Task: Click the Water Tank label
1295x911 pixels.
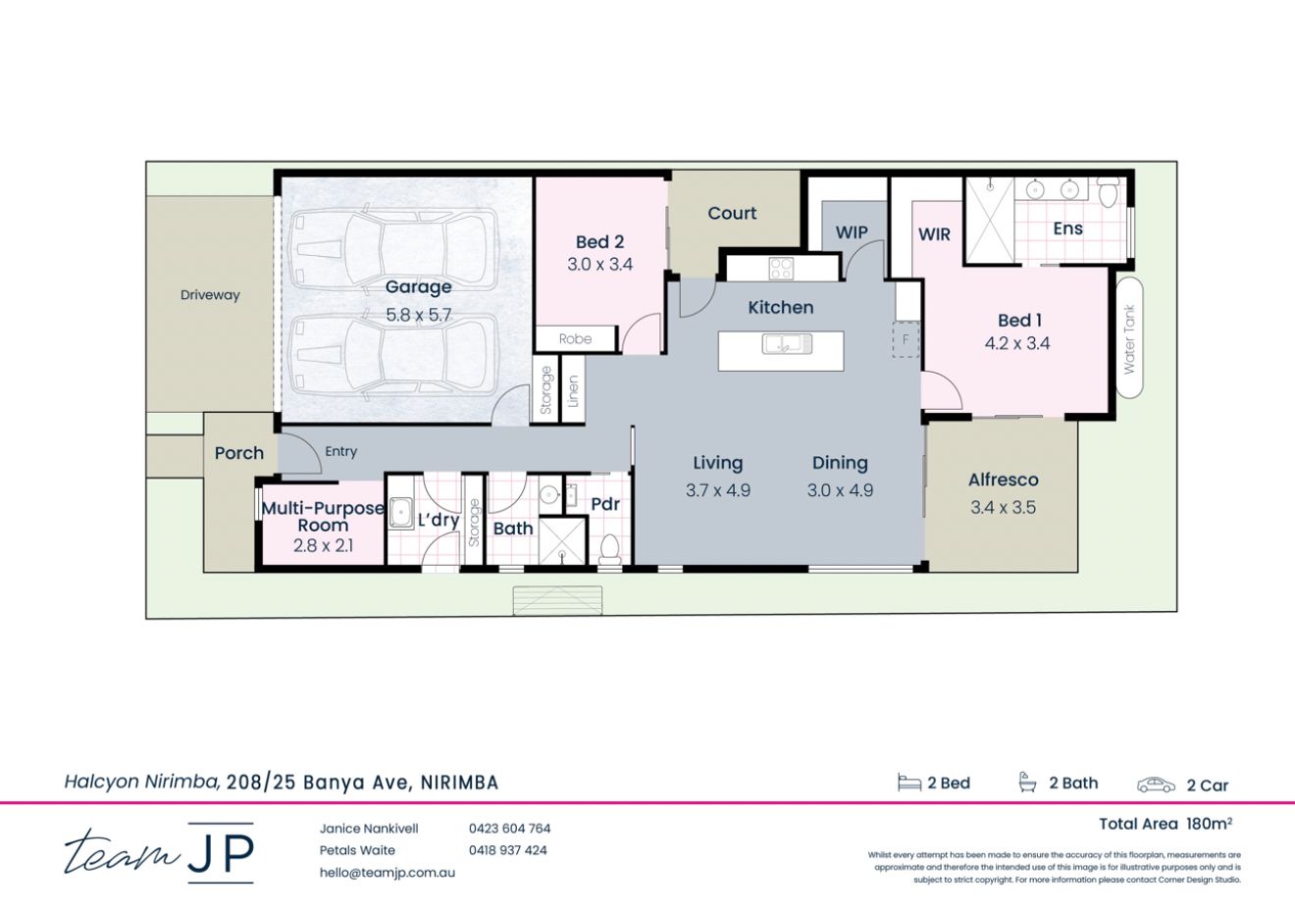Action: click(1129, 338)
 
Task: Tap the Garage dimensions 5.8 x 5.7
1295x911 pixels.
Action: click(418, 316)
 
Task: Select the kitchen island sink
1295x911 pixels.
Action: click(782, 344)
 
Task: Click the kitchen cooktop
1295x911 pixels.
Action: click(781, 268)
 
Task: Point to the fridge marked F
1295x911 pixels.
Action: click(906, 339)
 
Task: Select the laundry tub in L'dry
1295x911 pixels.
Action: click(401, 512)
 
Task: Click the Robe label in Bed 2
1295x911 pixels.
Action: click(575, 339)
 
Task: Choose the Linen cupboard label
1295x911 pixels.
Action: click(573, 391)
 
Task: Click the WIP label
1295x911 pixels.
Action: click(851, 232)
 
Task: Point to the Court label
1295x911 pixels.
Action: click(732, 213)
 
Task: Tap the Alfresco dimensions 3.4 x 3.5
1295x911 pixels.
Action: click(1003, 507)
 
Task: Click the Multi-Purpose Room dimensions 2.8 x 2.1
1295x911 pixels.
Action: click(323, 546)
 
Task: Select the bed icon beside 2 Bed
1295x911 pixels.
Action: click(908, 783)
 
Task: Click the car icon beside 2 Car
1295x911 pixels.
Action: click(1156, 784)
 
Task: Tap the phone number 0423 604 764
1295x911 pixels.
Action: click(509, 829)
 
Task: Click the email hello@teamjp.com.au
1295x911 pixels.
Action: click(387, 872)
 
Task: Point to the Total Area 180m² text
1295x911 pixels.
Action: click(1165, 824)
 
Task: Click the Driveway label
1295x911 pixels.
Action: click(210, 295)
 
